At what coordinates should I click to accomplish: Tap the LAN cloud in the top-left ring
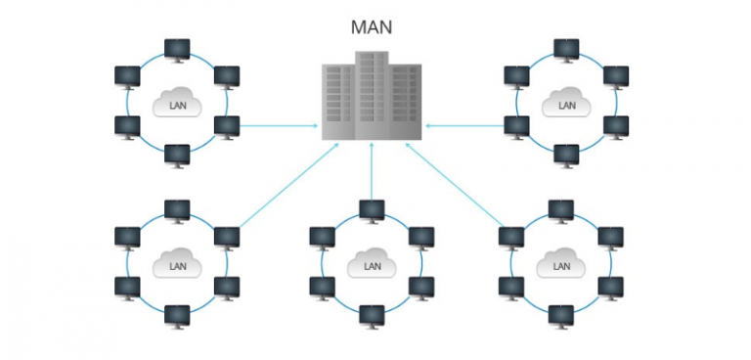(x=177, y=102)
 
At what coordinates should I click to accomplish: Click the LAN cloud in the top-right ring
(x=566, y=102)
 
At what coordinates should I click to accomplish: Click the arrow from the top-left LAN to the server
(x=279, y=125)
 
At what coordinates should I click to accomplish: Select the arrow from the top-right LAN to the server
(x=464, y=125)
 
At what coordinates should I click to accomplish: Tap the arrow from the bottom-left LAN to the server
(x=288, y=186)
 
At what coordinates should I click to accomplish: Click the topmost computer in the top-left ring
(x=177, y=49)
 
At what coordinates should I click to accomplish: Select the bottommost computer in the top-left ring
(x=177, y=154)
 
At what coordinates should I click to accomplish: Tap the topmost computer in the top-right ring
(x=566, y=49)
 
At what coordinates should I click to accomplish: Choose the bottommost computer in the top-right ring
(x=566, y=154)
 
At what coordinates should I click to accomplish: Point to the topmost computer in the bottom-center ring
(x=372, y=209)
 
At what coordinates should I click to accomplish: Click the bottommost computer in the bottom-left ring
(x=177, y=314)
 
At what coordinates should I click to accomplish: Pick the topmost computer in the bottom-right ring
(x=560, y=209)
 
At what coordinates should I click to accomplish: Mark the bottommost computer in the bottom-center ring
(x=372, y=314)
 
